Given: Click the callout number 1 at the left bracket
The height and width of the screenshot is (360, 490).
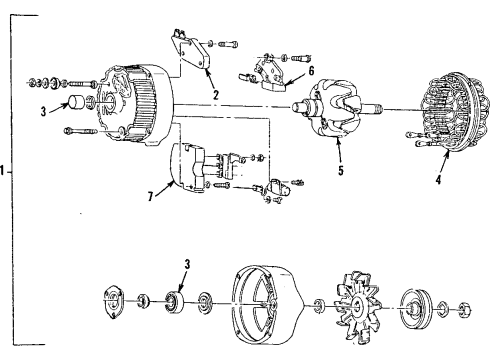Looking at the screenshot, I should point(5,170).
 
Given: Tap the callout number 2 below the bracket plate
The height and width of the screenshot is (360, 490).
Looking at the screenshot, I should point(214,97).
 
